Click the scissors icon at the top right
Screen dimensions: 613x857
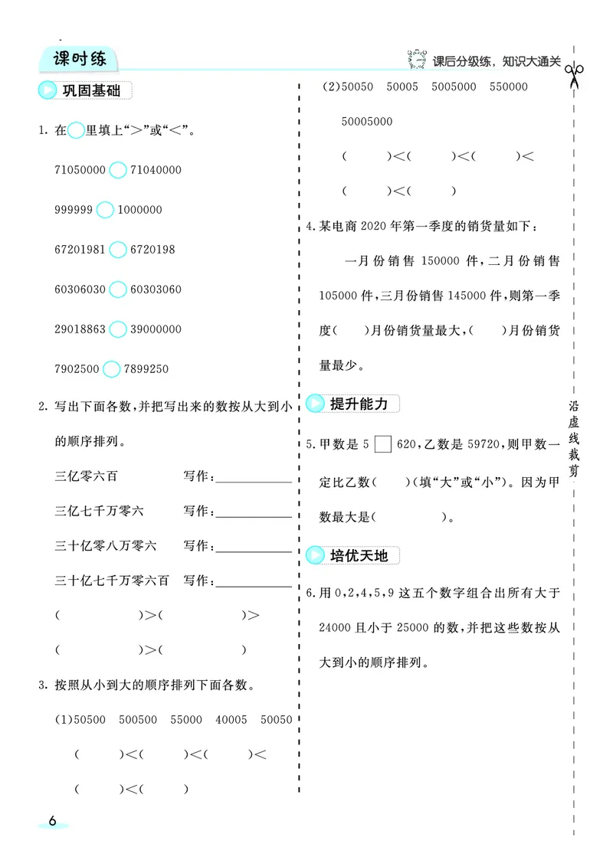click(x=573, y=75)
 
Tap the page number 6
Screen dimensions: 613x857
click(x=52, y=836)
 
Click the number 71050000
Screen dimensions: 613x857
click(x=80, y=170)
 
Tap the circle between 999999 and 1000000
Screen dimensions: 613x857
click(x=105, y=210)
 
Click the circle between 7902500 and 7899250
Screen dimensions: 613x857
click(x=111, y=369)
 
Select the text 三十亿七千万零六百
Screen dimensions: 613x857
click(x=112, y=580)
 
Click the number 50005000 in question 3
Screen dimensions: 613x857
click(x=367, y=121)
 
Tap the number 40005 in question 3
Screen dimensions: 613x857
click(x=231, y=720)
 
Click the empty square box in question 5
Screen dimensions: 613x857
click(x=384, y=444)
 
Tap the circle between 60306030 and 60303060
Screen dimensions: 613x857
click(x=117, y=289)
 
